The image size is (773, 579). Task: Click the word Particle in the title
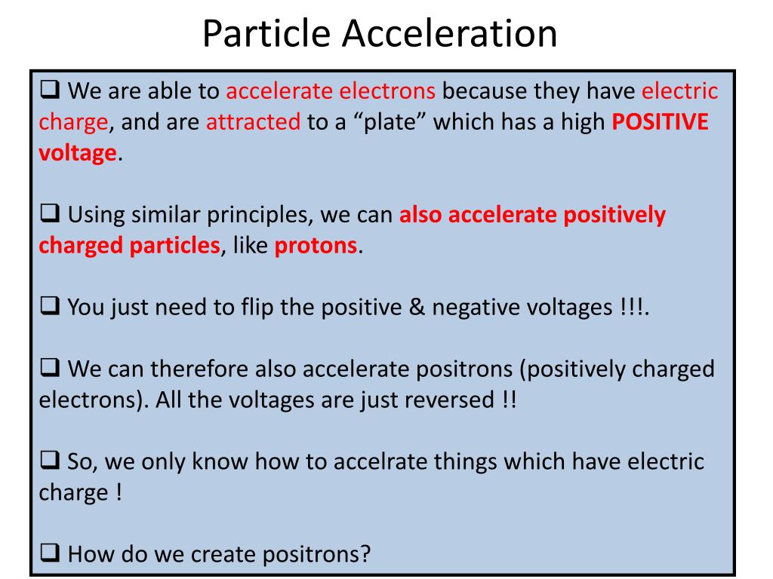click(266, 33)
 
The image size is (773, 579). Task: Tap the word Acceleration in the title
click(450, 33)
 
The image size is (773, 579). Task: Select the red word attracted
click(253, 121)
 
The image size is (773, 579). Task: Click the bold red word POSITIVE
click(660, 121)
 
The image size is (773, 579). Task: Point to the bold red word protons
click(316, 246)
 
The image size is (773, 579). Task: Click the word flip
click(257, 308)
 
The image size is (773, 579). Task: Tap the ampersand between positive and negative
click(417, 307)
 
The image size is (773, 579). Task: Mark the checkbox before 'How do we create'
click(50, 552)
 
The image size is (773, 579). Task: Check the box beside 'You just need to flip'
click(50, 305)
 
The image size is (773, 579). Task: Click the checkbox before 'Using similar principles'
click(50, 213)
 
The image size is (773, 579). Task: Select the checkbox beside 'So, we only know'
click(50, 460)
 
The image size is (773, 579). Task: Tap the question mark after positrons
click(365, 554)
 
